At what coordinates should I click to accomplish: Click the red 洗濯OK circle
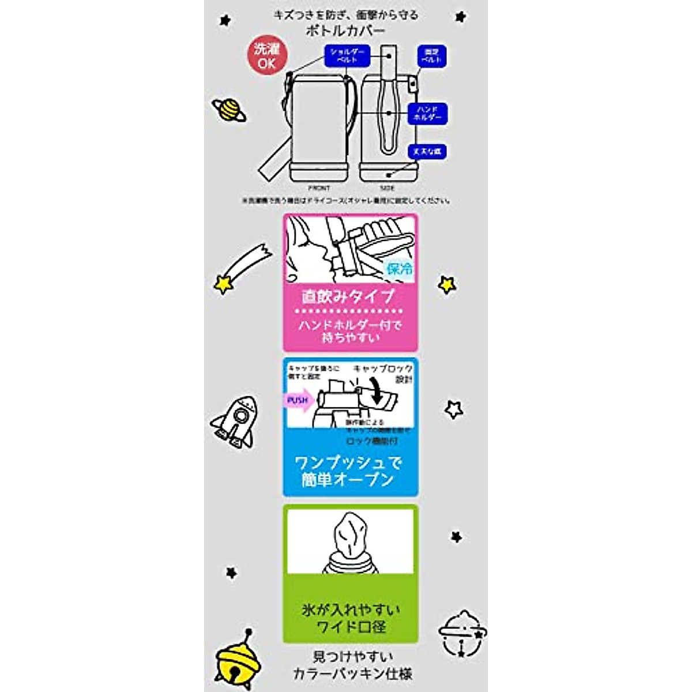point(266,57)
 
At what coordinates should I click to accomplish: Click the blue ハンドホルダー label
point(427,113)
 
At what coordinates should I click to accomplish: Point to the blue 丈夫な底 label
point(427,152)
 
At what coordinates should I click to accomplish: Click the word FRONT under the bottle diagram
point(319,188)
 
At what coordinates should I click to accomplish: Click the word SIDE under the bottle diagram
point(388,188)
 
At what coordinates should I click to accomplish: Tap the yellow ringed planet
point(229,110)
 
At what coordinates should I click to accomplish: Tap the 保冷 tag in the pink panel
point(400,269)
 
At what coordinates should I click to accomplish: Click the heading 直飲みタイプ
point(348,297)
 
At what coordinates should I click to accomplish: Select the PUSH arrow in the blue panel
point(299,400)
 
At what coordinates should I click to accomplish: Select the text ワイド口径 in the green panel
point(351,627)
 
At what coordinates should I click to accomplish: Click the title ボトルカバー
point(346,29)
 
